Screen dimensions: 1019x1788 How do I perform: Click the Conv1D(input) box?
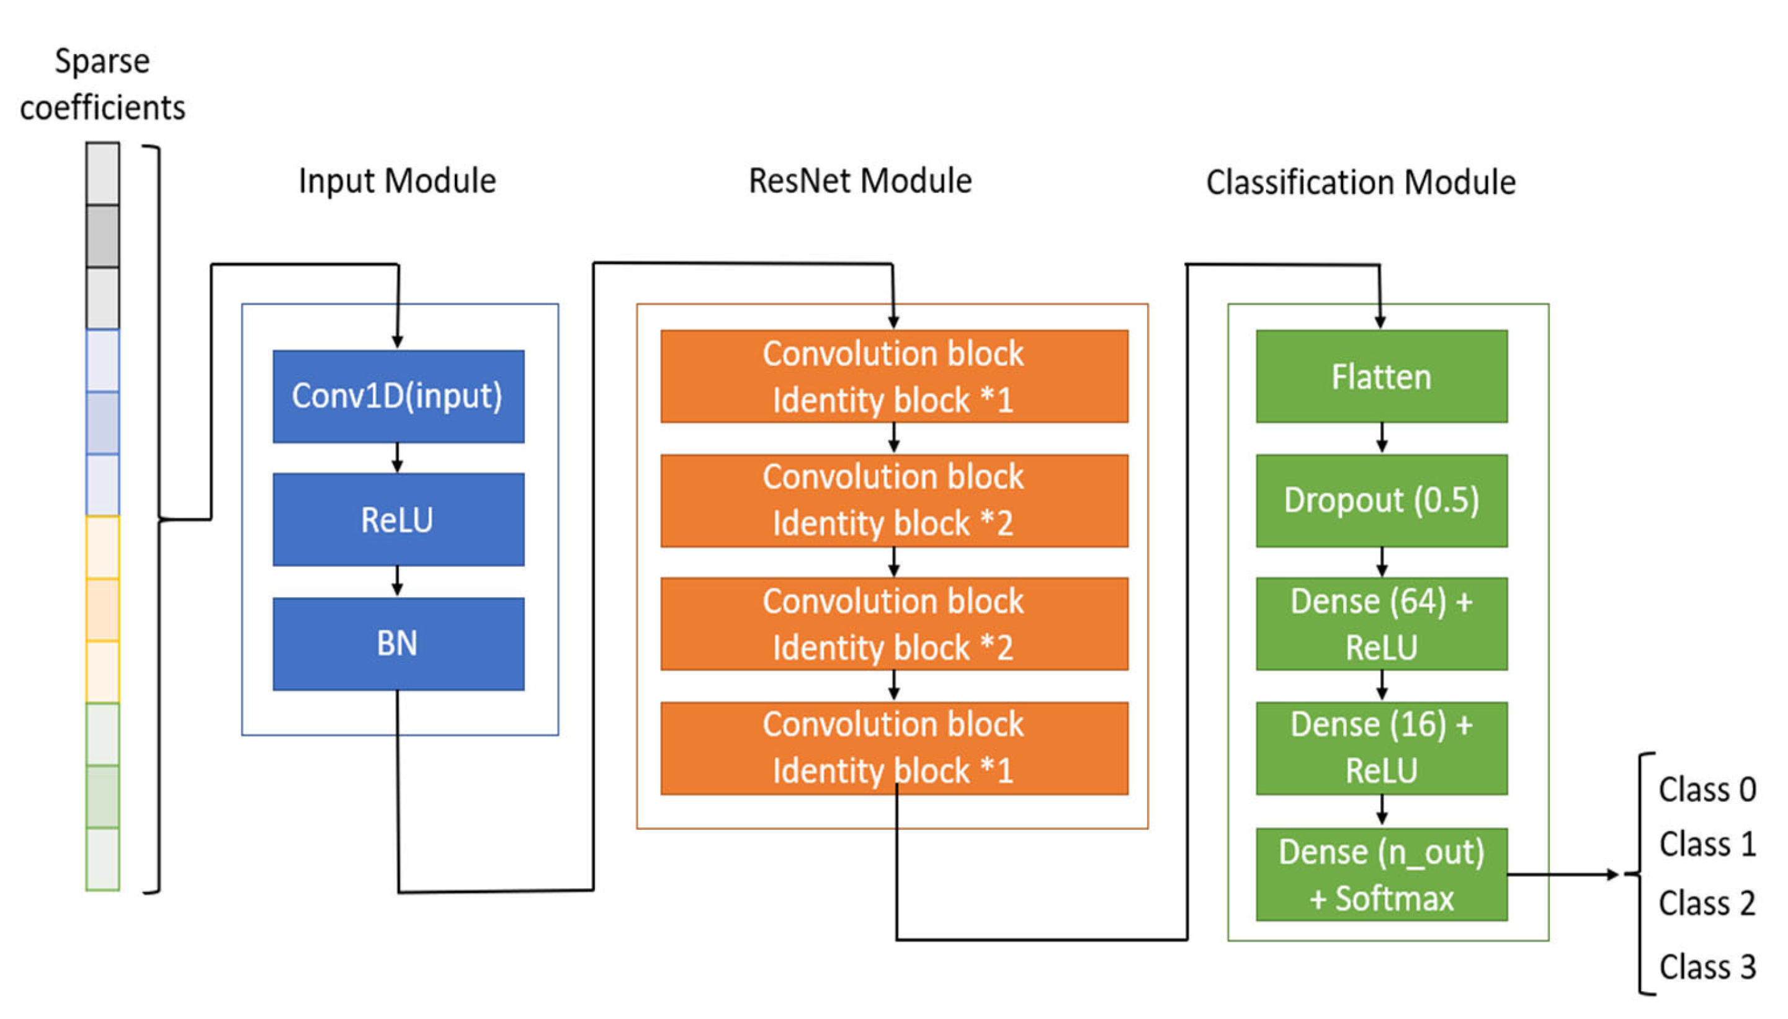(398, 396)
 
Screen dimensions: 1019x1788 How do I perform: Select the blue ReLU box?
(398, 519)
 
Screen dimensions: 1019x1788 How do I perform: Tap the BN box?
(398, 643)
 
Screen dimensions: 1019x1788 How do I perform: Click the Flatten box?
(1380, 376)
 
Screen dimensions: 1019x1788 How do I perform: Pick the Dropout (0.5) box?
(1380, 501)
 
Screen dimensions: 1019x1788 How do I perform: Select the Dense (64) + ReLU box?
(1380, 623)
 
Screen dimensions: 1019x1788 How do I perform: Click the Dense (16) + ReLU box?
(1380, 747)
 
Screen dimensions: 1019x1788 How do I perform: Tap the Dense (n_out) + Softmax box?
(1380, 874)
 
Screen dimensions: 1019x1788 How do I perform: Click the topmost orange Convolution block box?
(894, 376)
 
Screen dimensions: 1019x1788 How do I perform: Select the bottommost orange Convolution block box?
(894, 747)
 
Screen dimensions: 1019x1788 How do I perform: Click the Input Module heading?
(397, 180)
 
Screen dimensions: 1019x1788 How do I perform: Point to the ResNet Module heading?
(860, 180)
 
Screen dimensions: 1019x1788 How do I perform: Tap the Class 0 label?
(1707, 790)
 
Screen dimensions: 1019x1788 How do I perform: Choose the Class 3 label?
(1707, 967)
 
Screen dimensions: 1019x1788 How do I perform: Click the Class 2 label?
(1707, 903)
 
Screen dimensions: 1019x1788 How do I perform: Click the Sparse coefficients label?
(102, 84)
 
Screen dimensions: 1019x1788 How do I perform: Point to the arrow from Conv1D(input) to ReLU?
(398, 458)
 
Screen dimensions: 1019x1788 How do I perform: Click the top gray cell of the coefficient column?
(102, 174)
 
